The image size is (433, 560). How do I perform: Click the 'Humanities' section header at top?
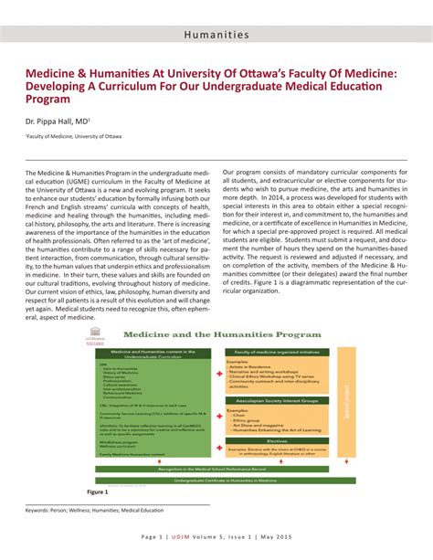pyautogui.click(x=216, y=35)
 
